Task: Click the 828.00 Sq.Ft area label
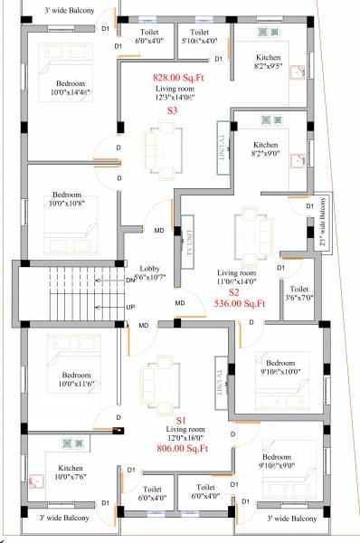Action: pyautogui.click(x=178, y=79)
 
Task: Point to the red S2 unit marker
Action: pyautogui.click(x=232, y=292)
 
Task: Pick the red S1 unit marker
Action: pyautogui.click(x=180, y=421)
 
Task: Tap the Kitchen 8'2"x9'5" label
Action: pyautogui.click(x=269, y=62)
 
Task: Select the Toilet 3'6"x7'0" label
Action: pyautogui.click(x=300, y=270)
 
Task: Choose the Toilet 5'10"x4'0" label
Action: pyautogui.click(x=199, y=37)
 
